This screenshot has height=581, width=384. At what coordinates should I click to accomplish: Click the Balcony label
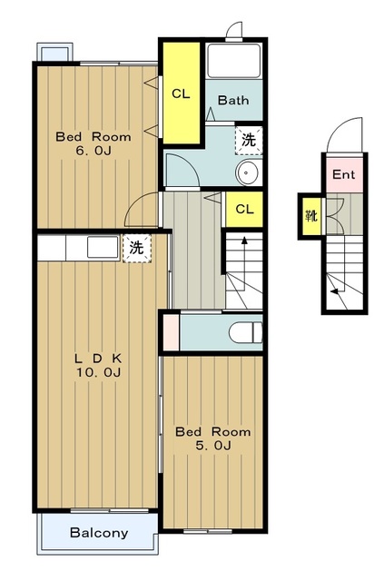(99, 533)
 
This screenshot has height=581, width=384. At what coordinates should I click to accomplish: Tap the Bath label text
(233, 100)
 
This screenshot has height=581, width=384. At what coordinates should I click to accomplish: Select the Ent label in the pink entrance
(343, 174)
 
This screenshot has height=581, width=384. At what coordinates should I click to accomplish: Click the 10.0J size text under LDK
(99, 372)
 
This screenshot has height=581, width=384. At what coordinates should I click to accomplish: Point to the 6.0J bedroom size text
(94, 151)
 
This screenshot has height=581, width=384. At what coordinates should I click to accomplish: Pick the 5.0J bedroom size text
(213, 446)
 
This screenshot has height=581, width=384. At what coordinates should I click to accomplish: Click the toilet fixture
(245, 332)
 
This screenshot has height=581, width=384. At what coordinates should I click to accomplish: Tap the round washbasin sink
(250, 172)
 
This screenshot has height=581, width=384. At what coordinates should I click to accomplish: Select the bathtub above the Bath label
(233, 61)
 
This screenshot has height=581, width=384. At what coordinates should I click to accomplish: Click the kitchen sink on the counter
(103, 248)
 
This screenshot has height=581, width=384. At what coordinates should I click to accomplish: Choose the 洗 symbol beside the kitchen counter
(137, 248)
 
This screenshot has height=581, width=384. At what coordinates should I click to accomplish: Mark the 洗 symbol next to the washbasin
(249, 140)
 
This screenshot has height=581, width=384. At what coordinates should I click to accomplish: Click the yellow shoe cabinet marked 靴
(311, 216)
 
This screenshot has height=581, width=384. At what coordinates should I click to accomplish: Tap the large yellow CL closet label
(181, 94)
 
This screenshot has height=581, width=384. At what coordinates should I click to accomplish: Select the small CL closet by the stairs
(244, 210)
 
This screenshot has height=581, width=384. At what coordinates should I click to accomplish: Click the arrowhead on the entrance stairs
(335, 291)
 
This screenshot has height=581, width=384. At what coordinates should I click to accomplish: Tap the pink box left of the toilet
(171, 332)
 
